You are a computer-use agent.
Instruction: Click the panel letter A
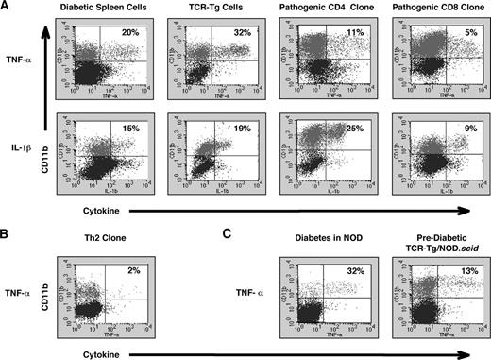tap(7, 7)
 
